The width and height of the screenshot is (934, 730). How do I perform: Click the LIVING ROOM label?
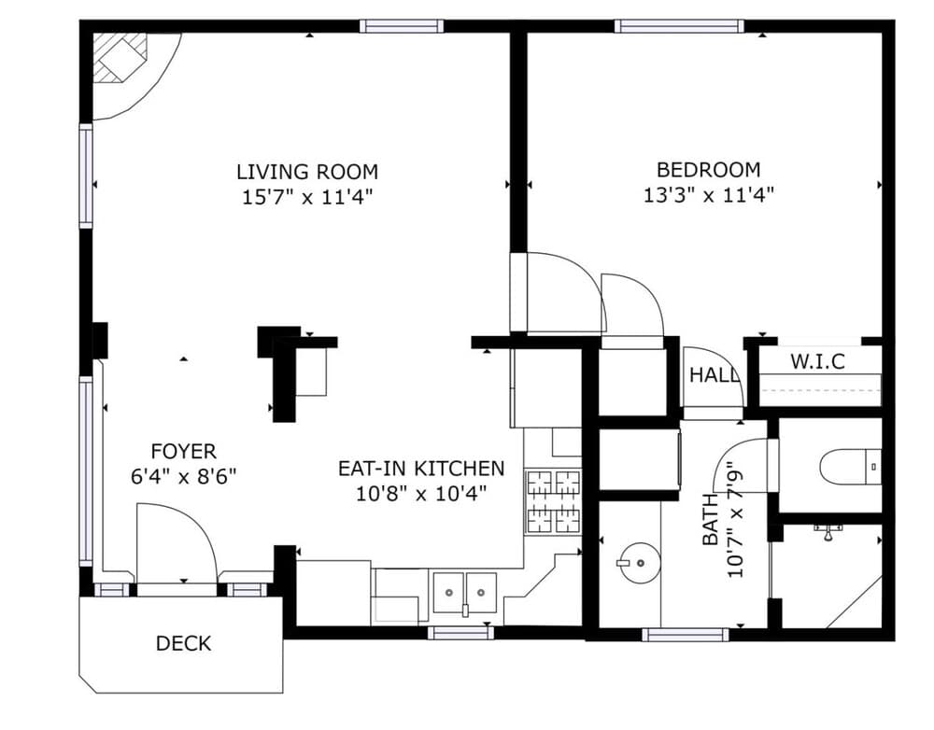(307, 172)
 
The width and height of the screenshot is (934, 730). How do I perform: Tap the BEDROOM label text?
(708, 170)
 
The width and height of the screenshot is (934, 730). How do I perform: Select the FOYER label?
(183, 452)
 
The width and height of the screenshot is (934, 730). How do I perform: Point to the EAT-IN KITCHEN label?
(421, 469)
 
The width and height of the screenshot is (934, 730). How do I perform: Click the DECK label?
(183, 644)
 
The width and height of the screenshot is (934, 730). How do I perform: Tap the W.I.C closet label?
(817, 361)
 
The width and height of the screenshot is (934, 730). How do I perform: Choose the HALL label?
(714, 375)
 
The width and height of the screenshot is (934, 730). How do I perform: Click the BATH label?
(711, 519)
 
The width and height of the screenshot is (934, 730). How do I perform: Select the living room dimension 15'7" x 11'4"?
(307, 196)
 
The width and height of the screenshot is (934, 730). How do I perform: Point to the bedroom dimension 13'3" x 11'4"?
(708, 195)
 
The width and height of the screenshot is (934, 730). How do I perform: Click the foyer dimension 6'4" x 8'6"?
(183, 476)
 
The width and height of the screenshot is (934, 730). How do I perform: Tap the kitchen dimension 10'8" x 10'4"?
(421, 494)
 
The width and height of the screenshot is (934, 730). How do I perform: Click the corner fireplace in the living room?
(123, 59)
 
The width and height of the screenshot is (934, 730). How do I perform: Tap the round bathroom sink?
(638, 562)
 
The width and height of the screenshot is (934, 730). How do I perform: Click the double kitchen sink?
(464, 593)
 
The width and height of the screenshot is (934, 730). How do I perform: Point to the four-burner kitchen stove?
(553, 501)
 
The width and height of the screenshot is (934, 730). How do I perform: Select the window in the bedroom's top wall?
(679, 26)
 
